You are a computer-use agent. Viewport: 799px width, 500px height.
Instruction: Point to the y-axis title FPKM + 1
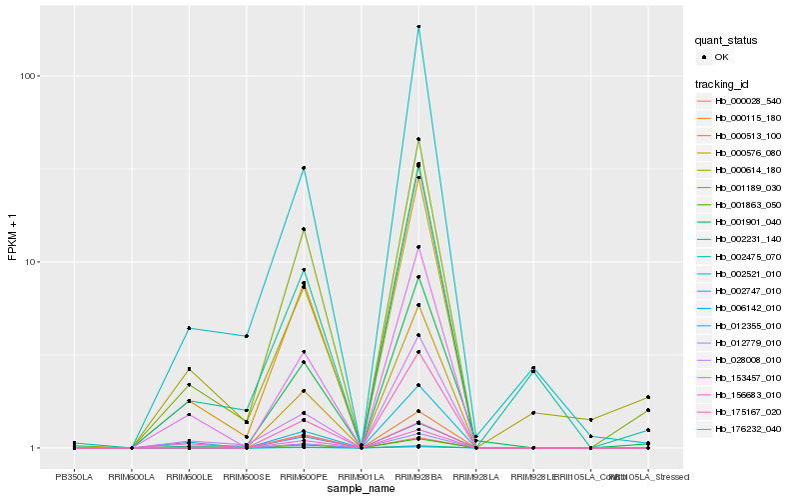(x=13, y=236)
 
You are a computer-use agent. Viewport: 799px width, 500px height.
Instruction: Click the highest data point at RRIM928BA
(x=418, y=27)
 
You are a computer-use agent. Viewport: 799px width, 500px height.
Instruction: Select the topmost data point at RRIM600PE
(x=304, y=168)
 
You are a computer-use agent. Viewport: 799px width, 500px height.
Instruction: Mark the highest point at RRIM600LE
(x=189, y=328)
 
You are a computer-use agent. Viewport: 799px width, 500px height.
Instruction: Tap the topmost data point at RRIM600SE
(x=246, y=336)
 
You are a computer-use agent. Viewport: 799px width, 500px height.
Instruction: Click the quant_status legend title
(x=726, y=41)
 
